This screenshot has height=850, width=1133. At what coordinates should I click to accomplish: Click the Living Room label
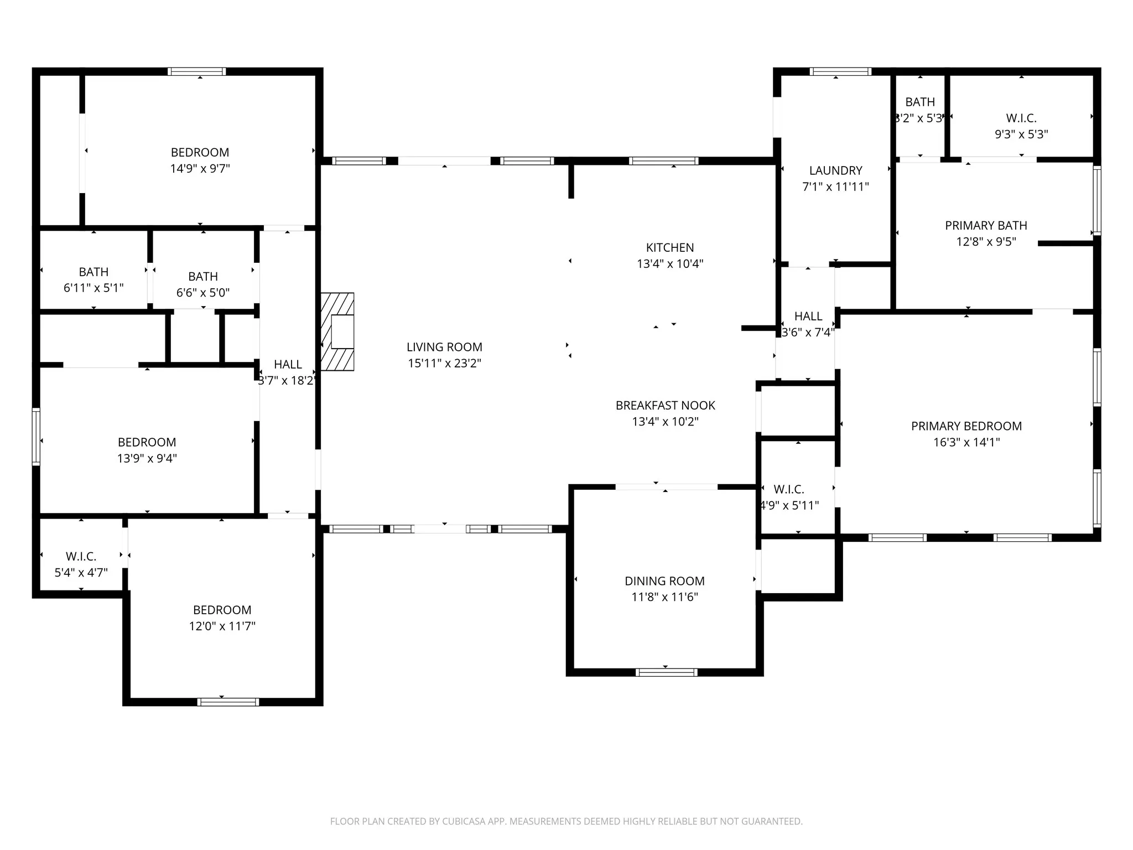pyautogui.click(x=444, y=347)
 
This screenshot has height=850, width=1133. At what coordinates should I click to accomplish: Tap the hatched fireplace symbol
pyautogui.click(x=337, y=331)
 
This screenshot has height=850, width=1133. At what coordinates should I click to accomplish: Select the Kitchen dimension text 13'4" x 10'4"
pyautogui.click(x=670, y=263)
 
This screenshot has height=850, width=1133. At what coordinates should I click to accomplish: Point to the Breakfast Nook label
pyautogui.click(x=666, y=405)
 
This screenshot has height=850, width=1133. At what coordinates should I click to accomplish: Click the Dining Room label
pyautogui.click(x=665, y=581)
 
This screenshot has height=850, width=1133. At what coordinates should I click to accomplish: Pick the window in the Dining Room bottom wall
pyautogui.click(x=666, y=672)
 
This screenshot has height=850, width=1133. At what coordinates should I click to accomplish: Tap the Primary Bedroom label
pyautogui.click(x=966, y=426)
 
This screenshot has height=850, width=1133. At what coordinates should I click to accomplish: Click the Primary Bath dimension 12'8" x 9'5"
pyautogui.click(x=986, y=241)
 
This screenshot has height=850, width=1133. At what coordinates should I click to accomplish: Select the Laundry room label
pyautogui.click(x=836, y=170)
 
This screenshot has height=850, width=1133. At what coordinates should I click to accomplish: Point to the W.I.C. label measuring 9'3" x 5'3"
pyautogui.click(x=1021, y=118)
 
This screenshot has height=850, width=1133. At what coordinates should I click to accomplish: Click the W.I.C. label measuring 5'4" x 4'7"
pyautogui.click(x=81, y=556)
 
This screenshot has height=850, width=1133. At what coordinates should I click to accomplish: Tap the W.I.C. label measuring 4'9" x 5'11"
pyautogui.click(x=789, y=489)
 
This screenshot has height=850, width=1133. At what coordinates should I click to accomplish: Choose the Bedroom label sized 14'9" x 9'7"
pyautogui.click(x=200, y=152)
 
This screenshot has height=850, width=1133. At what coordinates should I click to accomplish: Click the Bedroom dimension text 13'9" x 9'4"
pyautogui.click(x=147, y=458)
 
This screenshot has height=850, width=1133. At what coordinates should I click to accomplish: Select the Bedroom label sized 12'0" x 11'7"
pyautogui.click(x=222, y=610)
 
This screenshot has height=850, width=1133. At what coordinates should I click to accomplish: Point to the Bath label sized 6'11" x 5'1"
pyautogui.click(x=93, y=272)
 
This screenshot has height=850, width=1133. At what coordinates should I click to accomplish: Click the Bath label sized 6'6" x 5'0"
pyautogui.click(x=203, y=276)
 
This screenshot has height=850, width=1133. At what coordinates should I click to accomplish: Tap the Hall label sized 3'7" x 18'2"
pyautogui.click(x=288, y=364)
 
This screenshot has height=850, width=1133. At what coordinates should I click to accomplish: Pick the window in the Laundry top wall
pyautogui.click(x=840, y=71)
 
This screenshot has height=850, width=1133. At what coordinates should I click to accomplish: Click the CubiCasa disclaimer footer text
pyautogui.click(x=566, y=821)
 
